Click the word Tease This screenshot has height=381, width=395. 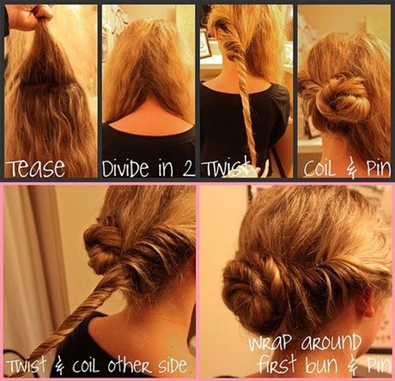[x=36, y=167]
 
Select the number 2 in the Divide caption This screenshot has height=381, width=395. [x=187, y=169]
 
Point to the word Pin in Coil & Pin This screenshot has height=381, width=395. [x=379, y=169]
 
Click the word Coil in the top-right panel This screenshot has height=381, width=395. [x=319, y=169]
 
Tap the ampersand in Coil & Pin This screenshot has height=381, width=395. [x=352, y=169]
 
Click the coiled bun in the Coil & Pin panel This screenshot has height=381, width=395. [x=341, y=96]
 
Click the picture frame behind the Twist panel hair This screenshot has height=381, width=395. [x=205, y=45]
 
